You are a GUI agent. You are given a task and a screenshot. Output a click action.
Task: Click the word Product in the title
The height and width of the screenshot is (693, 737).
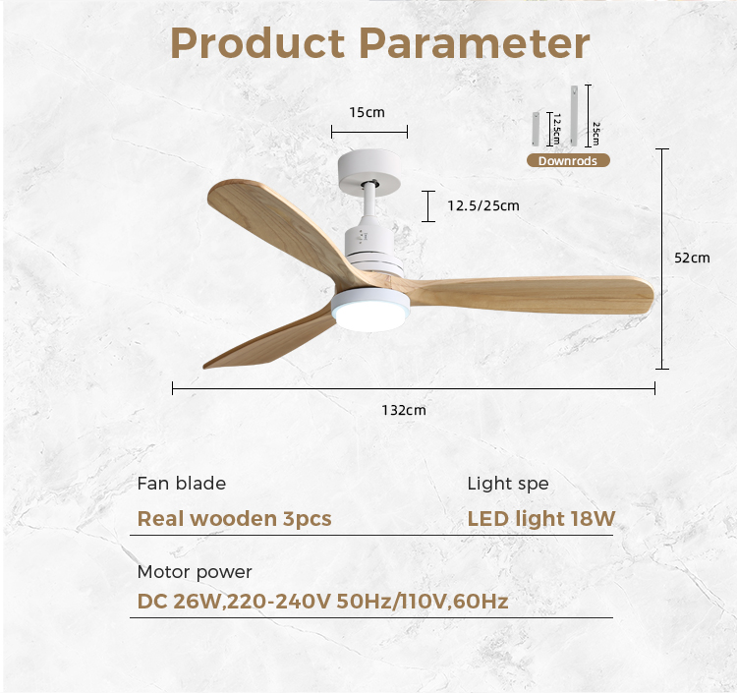point(257,43)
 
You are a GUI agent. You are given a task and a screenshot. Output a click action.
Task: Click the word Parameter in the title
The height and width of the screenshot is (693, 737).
point(475,43)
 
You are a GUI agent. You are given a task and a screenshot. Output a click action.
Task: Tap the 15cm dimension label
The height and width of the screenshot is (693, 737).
point(367,112)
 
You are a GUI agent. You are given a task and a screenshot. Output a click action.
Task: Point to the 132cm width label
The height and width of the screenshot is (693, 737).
point(404,410)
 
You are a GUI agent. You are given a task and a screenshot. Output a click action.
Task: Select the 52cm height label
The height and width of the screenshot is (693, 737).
point(692,258)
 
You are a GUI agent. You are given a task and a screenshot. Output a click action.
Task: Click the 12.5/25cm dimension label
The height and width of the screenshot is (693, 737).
point(483,205)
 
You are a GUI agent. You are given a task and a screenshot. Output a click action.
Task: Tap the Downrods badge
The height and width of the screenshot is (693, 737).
point(568,160)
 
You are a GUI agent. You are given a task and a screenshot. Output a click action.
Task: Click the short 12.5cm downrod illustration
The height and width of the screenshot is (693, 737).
point(536,129)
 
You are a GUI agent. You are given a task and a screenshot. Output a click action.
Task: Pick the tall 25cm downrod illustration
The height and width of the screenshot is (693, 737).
point(575,115)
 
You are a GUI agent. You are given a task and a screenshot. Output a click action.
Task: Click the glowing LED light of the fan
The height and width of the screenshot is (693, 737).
point(369,314)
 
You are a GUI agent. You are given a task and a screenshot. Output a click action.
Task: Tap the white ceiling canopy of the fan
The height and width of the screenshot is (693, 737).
point(369,170)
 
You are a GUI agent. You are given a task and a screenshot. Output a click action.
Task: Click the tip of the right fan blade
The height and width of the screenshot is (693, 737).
point(652,296)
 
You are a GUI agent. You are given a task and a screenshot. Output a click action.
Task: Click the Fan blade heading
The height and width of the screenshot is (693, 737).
point(182,484)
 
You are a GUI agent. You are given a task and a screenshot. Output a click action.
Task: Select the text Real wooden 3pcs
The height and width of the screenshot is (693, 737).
point(234,519)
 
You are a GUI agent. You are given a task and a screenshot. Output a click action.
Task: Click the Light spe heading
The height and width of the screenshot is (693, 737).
point(508,484)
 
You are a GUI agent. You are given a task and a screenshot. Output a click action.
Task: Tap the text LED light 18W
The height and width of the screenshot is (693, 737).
point(541,519)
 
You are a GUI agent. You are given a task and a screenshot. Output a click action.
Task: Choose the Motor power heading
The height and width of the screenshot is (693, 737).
point(195,572)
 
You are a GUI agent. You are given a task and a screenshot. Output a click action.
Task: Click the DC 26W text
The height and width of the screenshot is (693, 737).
point(179,602)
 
